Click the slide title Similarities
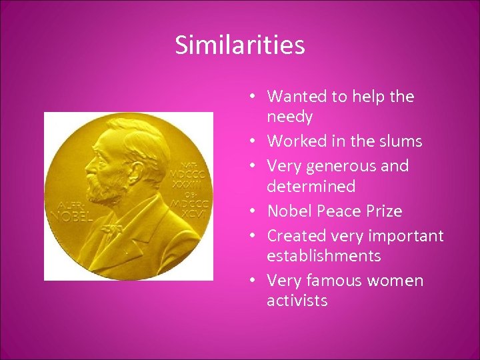tap(239, 45)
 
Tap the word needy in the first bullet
tap(289, 117)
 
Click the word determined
tap(311, 186)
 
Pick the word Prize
tap(383, 211)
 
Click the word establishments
tap(323, 256)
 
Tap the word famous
tap(345, 281)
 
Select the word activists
tap(297, 301)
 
